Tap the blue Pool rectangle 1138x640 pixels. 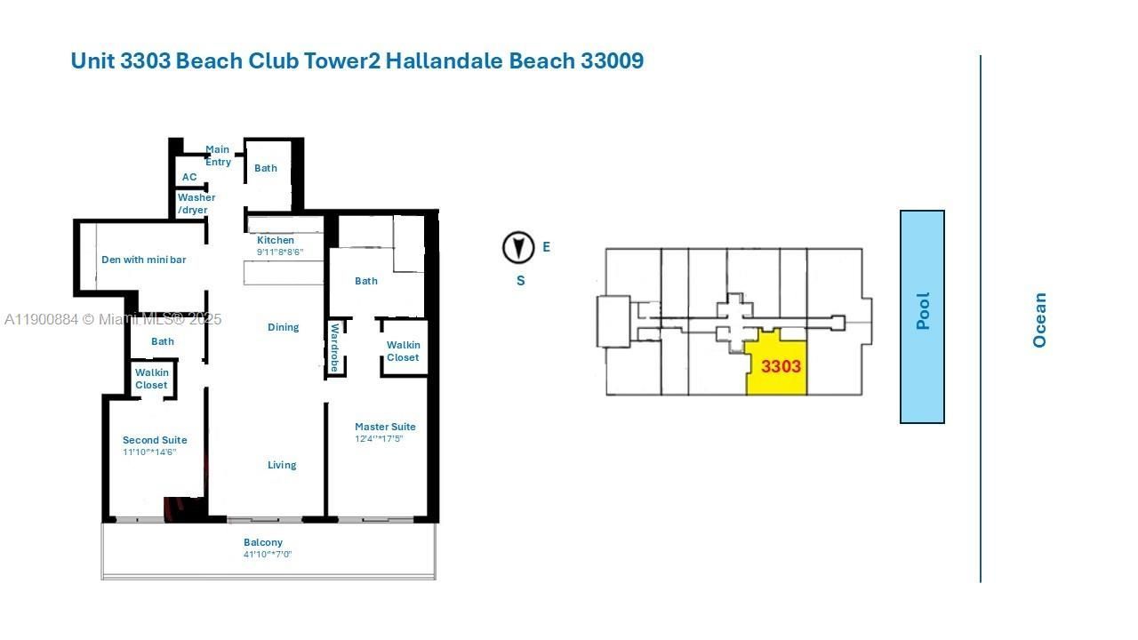tap(922, 316)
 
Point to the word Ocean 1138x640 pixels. tap(1039, 320)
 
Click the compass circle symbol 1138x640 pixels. tap(518, 247)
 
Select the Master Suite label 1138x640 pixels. tap(385, 427)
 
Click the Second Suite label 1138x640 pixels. tap(155, 440)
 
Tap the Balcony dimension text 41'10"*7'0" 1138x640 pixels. tap(268, 555)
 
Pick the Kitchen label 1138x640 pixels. tap(276, 240)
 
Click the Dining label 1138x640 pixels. tap(284, 327)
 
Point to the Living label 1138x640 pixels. tap(282, 465)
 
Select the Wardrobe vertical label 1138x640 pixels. tap(335, 348)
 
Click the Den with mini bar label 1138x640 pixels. tap(143, 260)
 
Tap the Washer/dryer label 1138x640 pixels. tap(195, 204)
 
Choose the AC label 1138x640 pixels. tap(189, 178)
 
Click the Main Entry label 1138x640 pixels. tap(218, 156)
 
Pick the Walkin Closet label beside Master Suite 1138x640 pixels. tap(403, 351)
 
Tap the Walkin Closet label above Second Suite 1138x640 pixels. tap(151, 379)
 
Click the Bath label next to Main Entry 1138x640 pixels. tap(266, 168)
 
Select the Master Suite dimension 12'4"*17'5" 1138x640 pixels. tap(379, 439)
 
